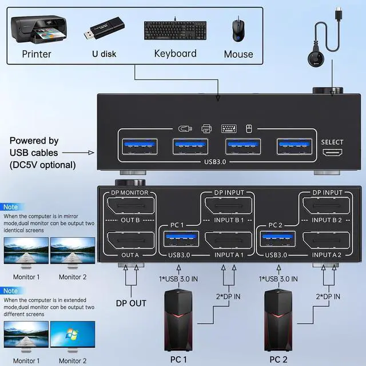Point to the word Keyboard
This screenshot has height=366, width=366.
tap(175, 54)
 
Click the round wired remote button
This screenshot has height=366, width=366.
tap(315, 59)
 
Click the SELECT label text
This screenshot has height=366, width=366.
tap(332, 142)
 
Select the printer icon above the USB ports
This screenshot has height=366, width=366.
tap(206, 129)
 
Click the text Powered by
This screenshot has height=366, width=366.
tap(34, 141)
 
